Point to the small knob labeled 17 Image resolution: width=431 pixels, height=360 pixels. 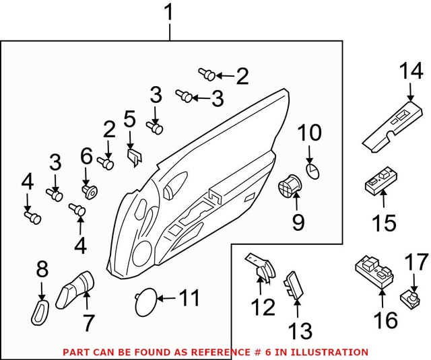tap(409, 295)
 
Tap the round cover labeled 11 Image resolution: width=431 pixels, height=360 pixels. tap(145, 301)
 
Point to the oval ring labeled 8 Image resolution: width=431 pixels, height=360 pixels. tap(41, 312)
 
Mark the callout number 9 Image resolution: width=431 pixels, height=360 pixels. tap(297, 221)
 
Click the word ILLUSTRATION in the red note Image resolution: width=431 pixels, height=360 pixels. tap(333, 352)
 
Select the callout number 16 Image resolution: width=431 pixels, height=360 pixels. tap(386, 320)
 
